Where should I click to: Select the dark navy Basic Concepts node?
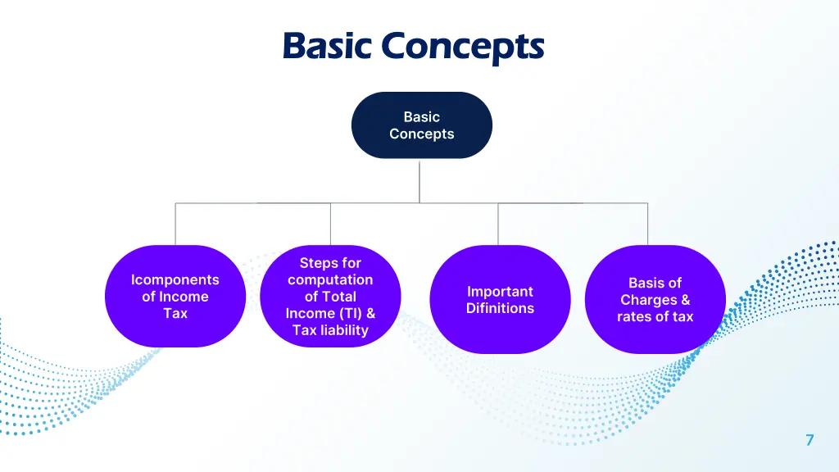[x=421, y=125]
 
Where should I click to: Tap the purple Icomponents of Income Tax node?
[x=175, y=296]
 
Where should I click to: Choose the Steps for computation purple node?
[x=330, y=296]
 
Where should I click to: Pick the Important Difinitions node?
[x=500, y=299]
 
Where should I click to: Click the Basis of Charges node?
[x=655, y=299]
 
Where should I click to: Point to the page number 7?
[x=810, y=440]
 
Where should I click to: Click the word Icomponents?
[x=175, y=279]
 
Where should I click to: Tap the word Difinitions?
[x=500, y=308]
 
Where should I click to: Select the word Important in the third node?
[x=500, y=291]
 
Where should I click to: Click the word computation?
[x=330, y=279]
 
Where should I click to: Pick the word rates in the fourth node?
[x=633, y=316]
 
